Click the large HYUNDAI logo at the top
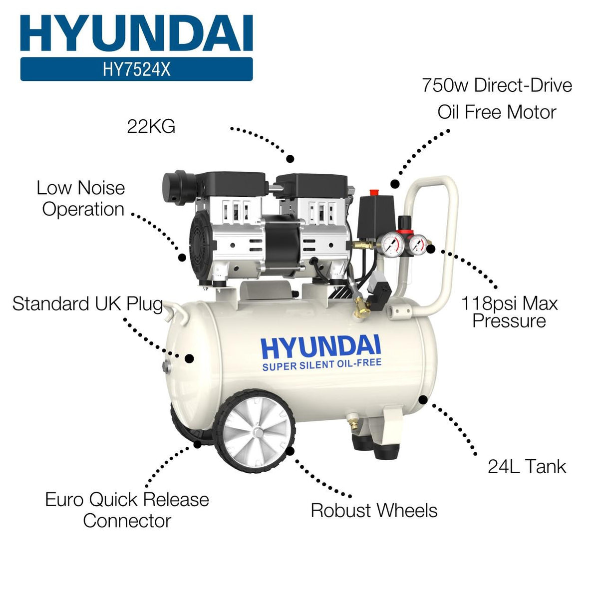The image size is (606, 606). click(x=136, y=33)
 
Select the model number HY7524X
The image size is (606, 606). click(x=136, y=69)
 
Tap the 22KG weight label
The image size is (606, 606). click(x=151, y=127)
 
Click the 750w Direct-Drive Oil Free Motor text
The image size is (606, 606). click(x=497, y=98)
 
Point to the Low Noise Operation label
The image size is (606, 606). click(x=81, y=198)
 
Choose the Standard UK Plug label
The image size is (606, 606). click(x=87, y=303)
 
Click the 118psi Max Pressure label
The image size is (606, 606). click(x=509, y=312)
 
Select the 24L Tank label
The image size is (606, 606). click(x=527, y=467)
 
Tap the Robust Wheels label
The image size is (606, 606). click(x=374, y=511)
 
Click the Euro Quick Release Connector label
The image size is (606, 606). click(x=127, y=510)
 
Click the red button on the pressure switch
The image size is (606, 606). click(x=374, y=192)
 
